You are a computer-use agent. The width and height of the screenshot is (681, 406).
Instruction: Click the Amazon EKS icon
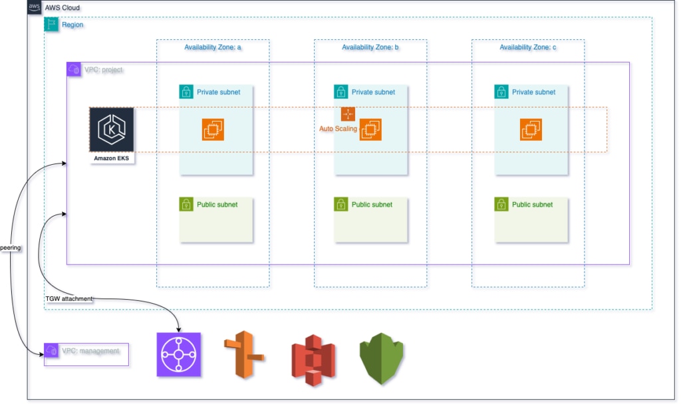[x=111, y=130]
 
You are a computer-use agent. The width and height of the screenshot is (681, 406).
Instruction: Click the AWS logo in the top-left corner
[x=35, y=7]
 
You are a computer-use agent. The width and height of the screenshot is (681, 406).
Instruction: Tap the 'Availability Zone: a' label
[x=212, y=47]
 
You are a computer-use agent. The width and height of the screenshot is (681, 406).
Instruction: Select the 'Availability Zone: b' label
[x=370, y=47]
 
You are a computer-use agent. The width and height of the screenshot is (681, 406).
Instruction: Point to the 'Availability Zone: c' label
[x=527, y=47]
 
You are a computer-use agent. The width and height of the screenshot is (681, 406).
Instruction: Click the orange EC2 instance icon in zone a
[x=213, y=130]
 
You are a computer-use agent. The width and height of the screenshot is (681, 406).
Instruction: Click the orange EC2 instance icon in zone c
[x=531, y=130]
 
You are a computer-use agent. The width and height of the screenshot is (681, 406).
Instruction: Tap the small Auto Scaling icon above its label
[x=348, y=114]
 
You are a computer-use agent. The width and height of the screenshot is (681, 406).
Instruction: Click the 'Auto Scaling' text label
[x=338, y=129]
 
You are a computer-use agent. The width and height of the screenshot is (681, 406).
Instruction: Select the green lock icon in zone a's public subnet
[x=186, y=205]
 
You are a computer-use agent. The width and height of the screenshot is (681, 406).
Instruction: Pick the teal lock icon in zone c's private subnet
[x=501, y=92]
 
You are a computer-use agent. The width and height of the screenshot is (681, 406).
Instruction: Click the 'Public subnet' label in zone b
[x=372, y=205]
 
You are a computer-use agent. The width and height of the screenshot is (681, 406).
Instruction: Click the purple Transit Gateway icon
[x=178, y=355]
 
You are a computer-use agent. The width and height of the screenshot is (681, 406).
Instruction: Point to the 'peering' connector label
[x=11, y=248]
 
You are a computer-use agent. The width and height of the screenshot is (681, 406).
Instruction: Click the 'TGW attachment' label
[x=68, y=299]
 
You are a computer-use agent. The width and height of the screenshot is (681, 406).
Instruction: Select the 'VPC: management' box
[x=86, y=354]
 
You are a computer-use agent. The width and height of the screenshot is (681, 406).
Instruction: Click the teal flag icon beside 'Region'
[x=51, y=25]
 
